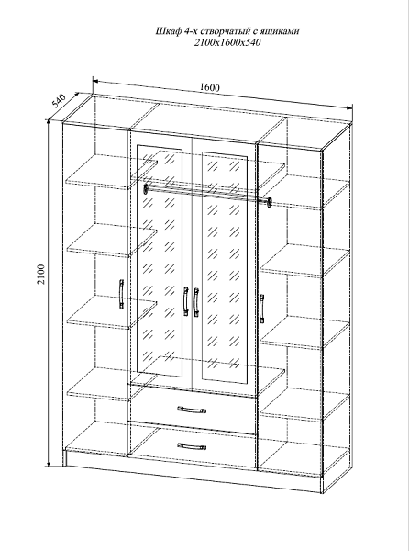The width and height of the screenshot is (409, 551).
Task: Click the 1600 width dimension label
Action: pyautogui.click(x=210, y=87)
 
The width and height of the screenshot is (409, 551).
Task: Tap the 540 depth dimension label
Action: pyautogui.click(x=60, y=100)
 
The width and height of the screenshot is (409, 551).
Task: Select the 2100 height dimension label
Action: pyautogui.click(x=41, y=274)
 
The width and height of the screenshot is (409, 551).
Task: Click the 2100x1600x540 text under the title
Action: pyautogui.click(x=227, y=42)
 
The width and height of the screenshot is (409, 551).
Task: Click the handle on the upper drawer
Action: pyautogui.click(x=192, y=410)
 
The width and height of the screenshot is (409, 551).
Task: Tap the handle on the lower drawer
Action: pyautogui.click(x=192, y=446)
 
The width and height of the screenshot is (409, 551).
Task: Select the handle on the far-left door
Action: pyautogui.click(x=121, y=294)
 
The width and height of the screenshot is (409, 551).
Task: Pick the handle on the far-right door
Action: pyautogui.click(x=261, y=309)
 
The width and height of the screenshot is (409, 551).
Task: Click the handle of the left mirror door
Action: pyautogui.click(x=185, y=301)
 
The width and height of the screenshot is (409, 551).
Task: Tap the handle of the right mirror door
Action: pyautogui.click(x=196, y=301)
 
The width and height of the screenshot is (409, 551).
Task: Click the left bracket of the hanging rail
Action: pyautogui.click(x=146, y=188)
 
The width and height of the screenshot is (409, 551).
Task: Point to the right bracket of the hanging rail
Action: pyautogui.click(x=270, y=202)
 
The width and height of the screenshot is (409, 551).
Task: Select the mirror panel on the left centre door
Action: pyautogui.click(x=160, y=261)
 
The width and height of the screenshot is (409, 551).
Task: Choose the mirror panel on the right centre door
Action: pyautogui.click(x=225, y=268)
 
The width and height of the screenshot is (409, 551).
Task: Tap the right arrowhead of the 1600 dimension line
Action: pyautogui.click(x=348, y=107)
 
